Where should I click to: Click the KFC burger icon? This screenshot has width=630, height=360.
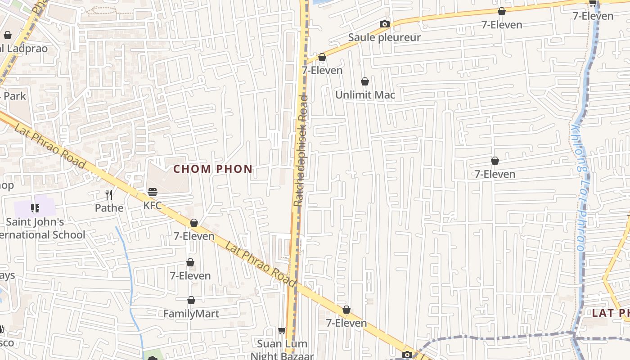pyautogui.click(x=153, y=192)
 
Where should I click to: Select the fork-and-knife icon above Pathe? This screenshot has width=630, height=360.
pyautogui.click(x=109, y=194)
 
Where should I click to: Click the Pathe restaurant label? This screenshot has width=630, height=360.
pyautogui.click(x=109, y=207)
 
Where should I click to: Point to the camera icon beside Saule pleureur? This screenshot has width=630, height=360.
pyautogui.click(x=384, y=24)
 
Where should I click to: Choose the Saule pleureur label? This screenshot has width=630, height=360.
pyautogui.click(x=384, y=37)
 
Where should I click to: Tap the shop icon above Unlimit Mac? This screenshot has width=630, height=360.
pyautogui.click(x=365, y=81)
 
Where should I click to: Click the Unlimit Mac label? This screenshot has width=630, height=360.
pyautogui.click(x=365, y=94)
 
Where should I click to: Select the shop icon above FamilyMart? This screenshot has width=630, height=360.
pyautogui.click(x=191, y=300)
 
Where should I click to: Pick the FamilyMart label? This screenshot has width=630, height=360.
pyautogui.click(x=191, y=314)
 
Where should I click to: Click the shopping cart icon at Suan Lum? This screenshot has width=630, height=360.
pyautogui.click(x=282, y=331)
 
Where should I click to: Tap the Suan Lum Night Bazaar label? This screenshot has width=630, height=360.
pyautogui.click(x=282, y=350)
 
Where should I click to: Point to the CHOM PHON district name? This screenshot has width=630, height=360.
pyautogui.click(x=213, y=169)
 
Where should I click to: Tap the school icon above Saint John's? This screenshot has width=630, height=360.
pyautogui.click(x=35, y=208)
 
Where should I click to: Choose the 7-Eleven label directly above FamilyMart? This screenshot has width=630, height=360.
pyautogui.click(x=190, y=275)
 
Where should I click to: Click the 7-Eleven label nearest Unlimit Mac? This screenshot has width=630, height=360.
pyautogui.click(x=322, y=70)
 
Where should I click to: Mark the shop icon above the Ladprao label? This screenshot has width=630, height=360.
pyautogui.click(x=8, y=35)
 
